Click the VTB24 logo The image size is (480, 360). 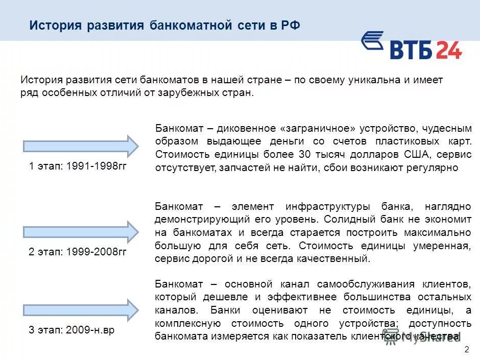pos(412,46)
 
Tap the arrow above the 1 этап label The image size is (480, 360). pos(81,146)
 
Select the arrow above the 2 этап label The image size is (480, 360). pos(81,232)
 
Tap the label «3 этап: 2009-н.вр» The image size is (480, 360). pos(71,330)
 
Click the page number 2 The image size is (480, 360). pos(466,349)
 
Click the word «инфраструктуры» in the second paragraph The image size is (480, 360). pos(327,207)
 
